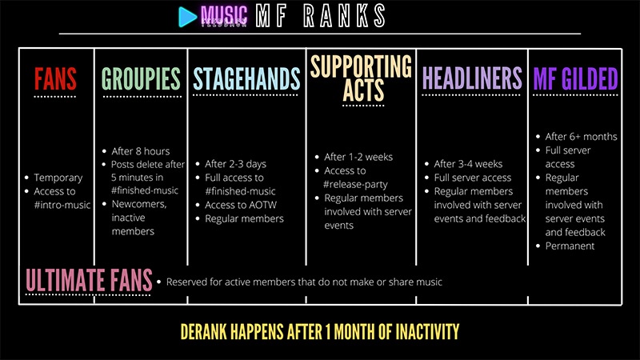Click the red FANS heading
55,79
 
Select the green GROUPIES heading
141,79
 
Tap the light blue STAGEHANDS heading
246,79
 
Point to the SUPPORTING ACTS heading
361,78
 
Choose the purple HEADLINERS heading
472,79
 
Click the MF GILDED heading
575,79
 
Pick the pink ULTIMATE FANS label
90,280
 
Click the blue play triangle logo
187,15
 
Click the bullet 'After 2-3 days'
239,164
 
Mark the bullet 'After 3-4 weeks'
469,164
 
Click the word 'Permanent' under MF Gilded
570,246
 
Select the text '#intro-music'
63,205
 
